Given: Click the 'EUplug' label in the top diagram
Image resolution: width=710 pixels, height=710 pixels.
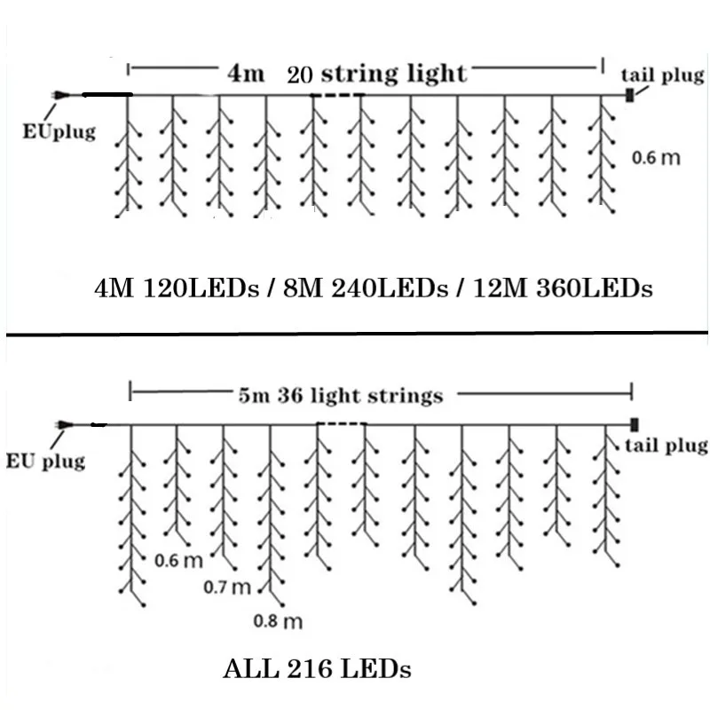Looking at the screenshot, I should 59,133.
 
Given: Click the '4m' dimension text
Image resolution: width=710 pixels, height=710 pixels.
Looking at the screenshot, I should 245,74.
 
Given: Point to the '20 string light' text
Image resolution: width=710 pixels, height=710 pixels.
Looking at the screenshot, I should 376,74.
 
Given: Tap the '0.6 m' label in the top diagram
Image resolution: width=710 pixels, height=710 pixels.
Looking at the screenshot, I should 656,158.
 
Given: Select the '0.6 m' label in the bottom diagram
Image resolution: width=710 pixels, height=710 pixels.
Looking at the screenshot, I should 178,560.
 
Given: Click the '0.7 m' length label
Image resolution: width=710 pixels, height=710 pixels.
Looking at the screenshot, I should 228,587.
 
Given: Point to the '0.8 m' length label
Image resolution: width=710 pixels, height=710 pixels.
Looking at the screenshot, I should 278,621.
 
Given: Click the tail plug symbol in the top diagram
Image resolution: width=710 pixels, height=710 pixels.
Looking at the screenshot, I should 629,94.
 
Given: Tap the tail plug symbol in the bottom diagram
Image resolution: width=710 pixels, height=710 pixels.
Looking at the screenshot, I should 635,423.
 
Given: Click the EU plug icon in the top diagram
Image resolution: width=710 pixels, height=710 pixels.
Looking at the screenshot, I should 59,94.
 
